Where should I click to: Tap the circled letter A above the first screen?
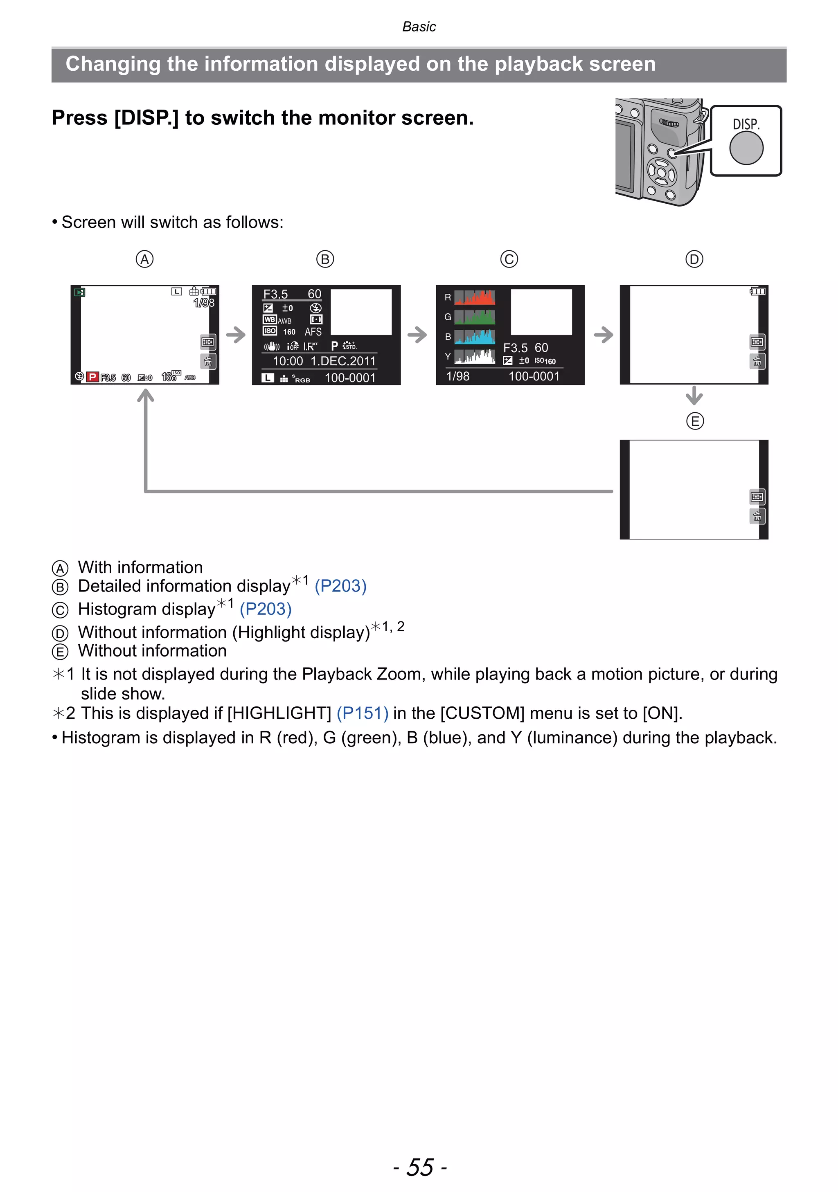[x=144, y=259]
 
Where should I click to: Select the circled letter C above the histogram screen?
[x=509, y=259]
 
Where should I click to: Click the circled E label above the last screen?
[x=695, y=421]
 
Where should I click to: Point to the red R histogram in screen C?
[x=475, y=297]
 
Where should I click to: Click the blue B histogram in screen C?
[x=475, y=337]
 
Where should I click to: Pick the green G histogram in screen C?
[x=475, y=317]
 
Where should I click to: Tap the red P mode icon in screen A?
[x=93, y=377]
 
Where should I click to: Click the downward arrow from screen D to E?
[x=694, y=396]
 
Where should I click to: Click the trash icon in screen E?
[x=757, y=516]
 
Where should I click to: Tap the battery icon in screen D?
[x=757, y=291]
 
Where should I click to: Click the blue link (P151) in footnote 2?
[x=363, y=713]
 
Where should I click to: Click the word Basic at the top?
[x=419, y=27]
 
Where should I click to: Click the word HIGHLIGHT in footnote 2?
[x=280, y=713]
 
